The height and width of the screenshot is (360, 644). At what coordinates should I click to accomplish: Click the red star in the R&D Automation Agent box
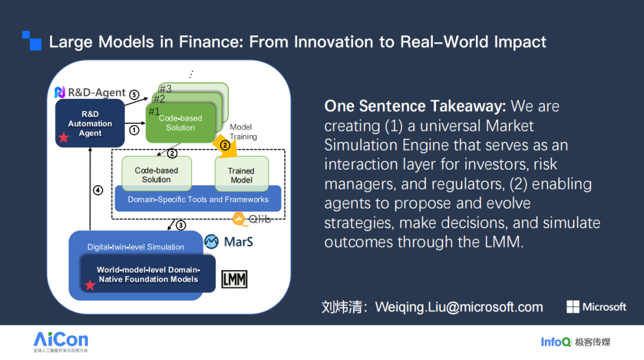[63, 138]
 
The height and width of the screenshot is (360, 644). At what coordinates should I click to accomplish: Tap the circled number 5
[134, 95]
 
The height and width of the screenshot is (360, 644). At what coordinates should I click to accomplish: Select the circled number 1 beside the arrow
[134, 129]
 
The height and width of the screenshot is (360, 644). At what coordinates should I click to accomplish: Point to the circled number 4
[98, 191]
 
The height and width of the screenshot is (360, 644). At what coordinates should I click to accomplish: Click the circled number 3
[180, 225]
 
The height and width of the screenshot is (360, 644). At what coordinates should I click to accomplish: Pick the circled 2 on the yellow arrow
[225, 145]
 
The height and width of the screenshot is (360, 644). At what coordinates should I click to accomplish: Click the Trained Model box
[241, 175]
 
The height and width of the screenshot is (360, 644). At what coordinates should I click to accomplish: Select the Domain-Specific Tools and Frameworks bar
[198, 200]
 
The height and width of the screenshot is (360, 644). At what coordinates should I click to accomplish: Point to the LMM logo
[234, 279]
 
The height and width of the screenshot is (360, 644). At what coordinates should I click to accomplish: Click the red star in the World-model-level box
[90, 285]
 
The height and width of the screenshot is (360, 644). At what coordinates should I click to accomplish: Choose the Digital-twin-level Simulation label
[136, 247]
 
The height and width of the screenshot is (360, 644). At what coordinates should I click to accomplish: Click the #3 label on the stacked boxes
[165, 89]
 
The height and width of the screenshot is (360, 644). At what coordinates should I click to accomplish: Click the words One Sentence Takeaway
[415, 107]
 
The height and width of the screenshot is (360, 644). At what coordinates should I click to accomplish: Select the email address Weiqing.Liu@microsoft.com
[459, 308]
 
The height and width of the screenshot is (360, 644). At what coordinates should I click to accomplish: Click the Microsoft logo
[596, 307]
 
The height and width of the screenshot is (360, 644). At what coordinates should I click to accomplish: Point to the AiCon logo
[61, 340]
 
